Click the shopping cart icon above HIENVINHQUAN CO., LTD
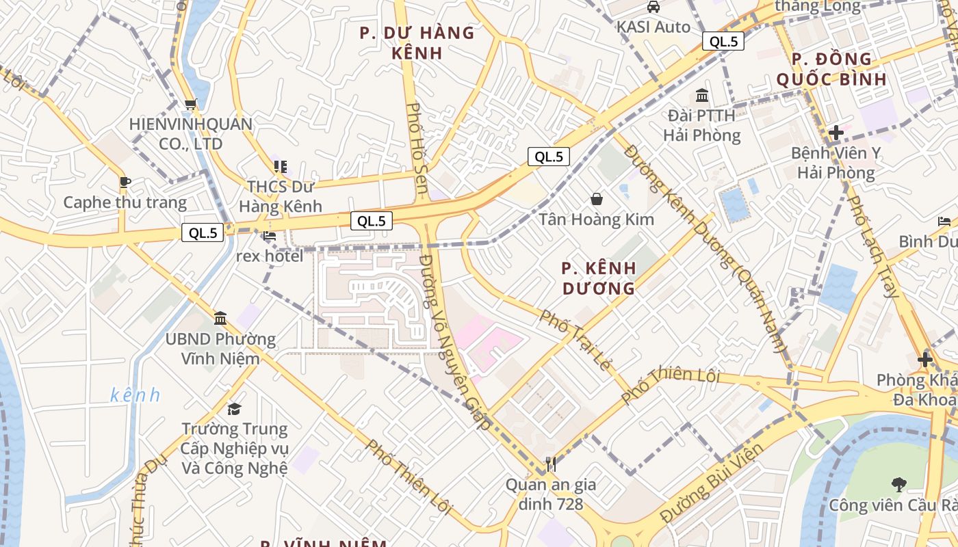click(190, 105)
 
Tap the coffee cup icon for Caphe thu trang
click(125, 182)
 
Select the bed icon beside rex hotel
click(270, 236)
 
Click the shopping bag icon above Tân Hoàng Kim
click(597, 199)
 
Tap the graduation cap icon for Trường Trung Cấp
click(235, 409)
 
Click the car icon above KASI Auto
click(653, 7)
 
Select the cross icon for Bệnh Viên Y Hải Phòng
click(836, 133)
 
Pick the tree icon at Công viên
click(898, 484)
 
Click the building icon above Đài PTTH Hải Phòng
click(702, 95)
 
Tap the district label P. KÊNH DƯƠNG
click(599, 278)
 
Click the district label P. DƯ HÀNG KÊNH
click(417, 42)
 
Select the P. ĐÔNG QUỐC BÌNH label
click(832, 69)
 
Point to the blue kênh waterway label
click(135, 395)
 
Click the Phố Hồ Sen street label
click(417, 152)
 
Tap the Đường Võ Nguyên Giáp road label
click(455, 342)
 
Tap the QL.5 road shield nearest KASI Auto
click(723, 41)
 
